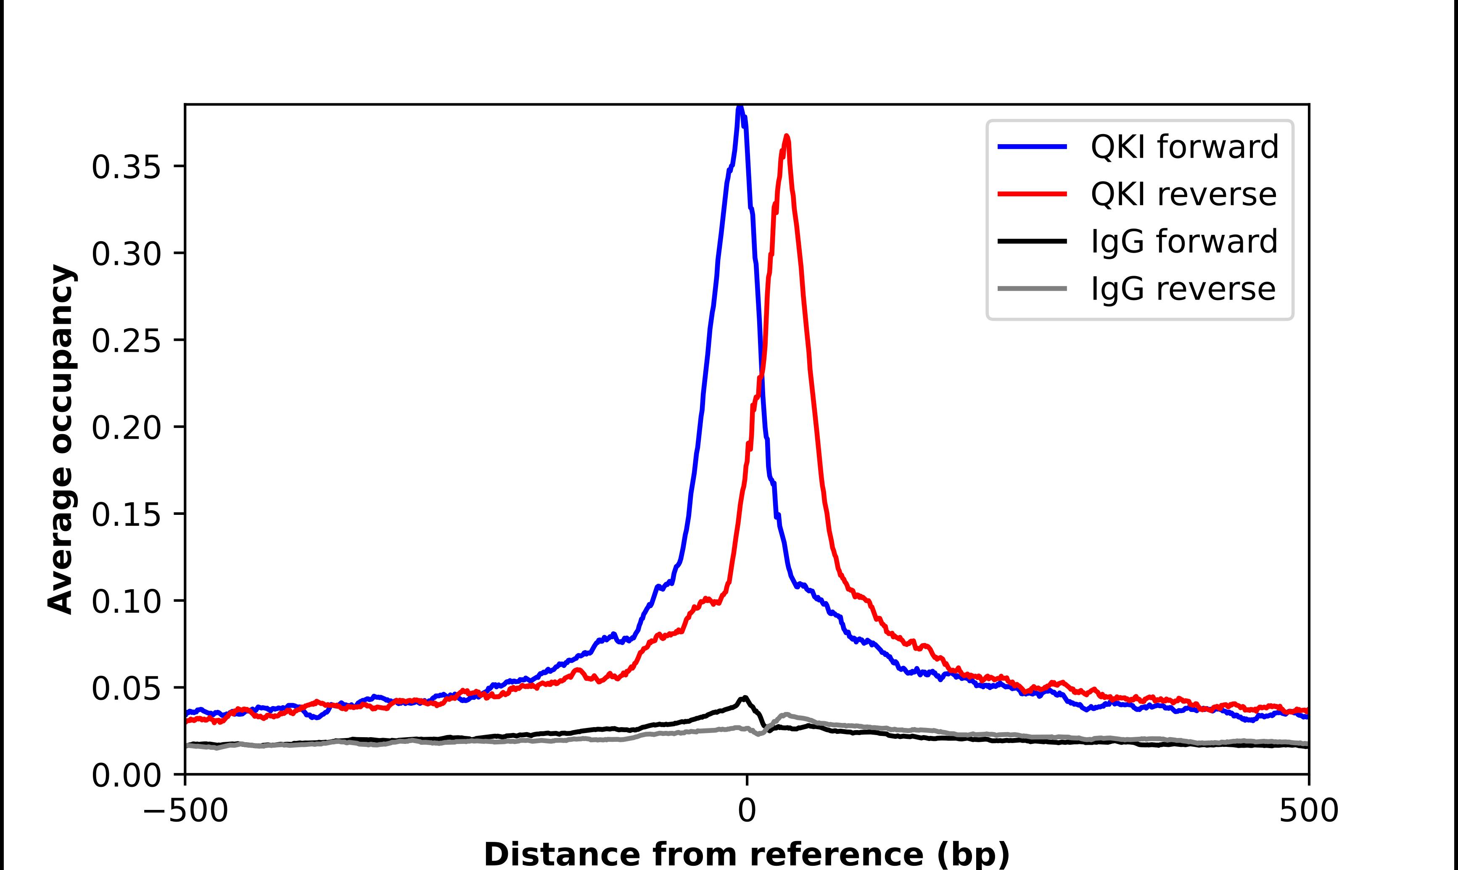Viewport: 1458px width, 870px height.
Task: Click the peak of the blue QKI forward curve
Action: pyautogui.click(x=740, y=107)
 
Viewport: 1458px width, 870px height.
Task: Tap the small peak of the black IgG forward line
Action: pyautogui.click(x=745, y=697)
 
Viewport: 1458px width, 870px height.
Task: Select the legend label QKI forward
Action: pyautogui.click(x=1184, y=147)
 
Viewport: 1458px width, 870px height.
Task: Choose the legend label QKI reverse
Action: pyautogui.click(x=1183, y=194)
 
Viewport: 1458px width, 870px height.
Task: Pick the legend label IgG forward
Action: pyautogui.click(x=1183, y=242)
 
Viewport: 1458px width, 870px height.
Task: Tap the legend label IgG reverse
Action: pyautogui.click(x=1183, y=289)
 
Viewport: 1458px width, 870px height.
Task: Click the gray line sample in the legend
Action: pyautogui.click(x=1032, y=288)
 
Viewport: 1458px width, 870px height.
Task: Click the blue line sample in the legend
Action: pyautogui.click(x=1032, y=147)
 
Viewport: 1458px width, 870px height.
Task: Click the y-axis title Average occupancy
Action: pyautogui.click(x=61, y=440)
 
